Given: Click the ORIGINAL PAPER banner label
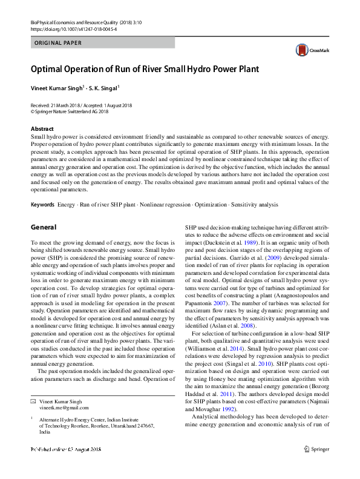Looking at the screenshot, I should point(57,43).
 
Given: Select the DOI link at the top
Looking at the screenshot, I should point(67,28).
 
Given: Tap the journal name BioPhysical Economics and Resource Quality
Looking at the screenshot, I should point(77,21).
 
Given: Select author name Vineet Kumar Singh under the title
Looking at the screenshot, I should point(56,88).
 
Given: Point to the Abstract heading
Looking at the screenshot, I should point(42,129).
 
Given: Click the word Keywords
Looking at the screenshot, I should point(43,205).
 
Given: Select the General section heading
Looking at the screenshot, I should point(44,228).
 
